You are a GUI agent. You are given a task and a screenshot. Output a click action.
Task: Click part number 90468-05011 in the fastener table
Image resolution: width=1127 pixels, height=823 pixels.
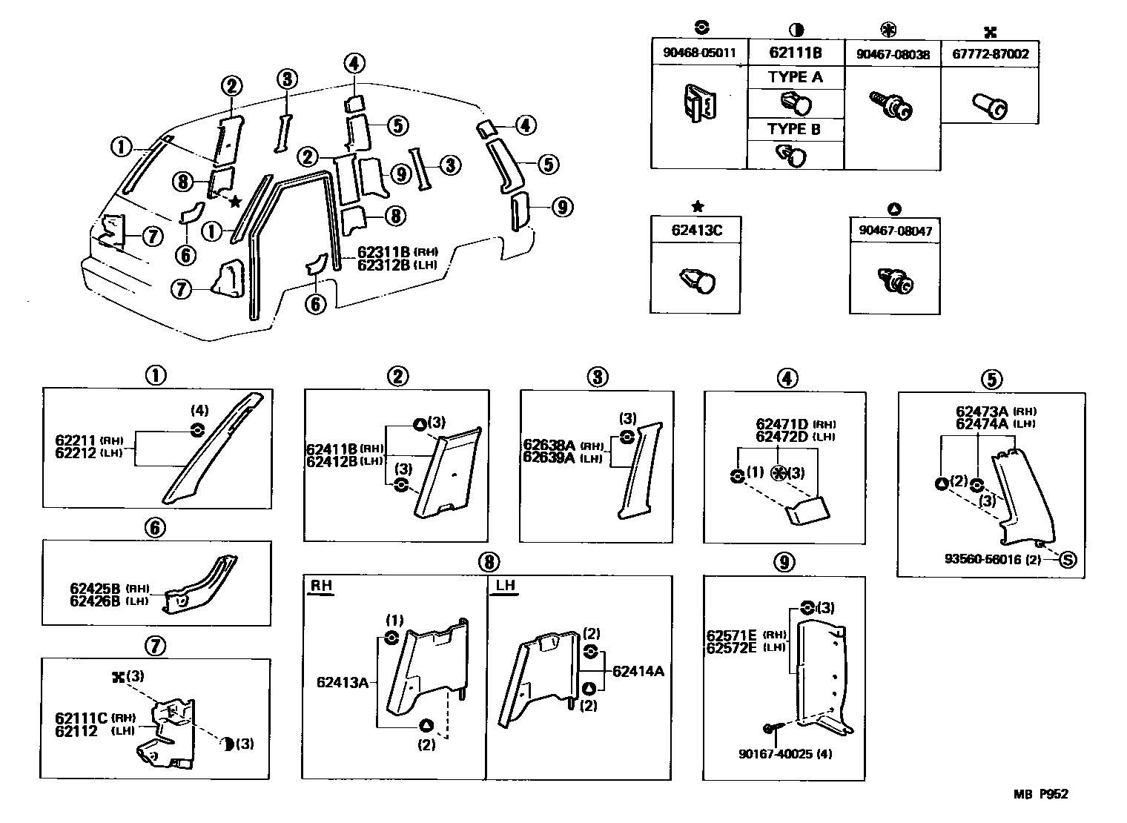click(698, 53)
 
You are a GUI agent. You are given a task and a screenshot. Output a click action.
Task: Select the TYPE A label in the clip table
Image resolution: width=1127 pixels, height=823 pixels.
click(795, 77)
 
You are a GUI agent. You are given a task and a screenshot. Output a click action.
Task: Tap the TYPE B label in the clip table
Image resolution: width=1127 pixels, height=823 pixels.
click(795, 128)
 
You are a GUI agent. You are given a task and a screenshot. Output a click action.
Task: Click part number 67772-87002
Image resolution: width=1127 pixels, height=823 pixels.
click(990, 53)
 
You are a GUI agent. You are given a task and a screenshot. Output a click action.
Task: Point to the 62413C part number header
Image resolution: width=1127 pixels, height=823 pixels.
click(695, 230)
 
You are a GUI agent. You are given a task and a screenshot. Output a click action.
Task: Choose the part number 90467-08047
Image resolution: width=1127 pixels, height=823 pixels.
click(895, 231)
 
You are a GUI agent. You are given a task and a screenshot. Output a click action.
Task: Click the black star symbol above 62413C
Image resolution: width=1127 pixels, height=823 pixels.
click(696, 206)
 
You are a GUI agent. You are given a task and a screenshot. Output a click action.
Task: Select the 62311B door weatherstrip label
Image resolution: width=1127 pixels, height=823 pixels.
click(384, 252)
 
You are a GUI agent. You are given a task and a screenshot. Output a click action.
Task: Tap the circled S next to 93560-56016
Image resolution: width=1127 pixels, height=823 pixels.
click(1068, 559)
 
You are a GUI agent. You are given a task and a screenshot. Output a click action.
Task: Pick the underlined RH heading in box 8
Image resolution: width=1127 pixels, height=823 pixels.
click(320, 586)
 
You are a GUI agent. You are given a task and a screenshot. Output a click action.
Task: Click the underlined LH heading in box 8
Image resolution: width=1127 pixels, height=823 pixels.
click(505, 586)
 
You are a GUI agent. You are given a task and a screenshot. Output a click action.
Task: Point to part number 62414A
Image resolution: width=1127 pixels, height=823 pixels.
click(638, 672)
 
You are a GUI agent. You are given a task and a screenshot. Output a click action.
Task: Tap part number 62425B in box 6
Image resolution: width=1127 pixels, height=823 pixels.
click(94, 589)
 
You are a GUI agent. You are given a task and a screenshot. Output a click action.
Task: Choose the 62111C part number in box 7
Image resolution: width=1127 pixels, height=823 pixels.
click(81, 718)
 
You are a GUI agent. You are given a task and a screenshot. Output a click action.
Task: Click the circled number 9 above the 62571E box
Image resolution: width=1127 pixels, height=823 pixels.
click(784, 563)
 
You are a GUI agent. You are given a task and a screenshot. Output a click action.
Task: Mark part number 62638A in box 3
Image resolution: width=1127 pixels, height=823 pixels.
click(549, 445)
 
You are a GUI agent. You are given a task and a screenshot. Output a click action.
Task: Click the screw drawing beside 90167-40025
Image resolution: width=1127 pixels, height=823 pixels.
click(769, 730)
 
